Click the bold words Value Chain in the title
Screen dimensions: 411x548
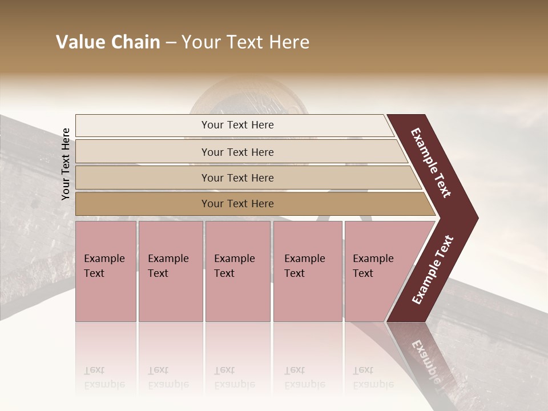pyautogui.click(x=108, y=42)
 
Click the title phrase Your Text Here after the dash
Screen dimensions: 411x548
pyautogui.click(x=245, y=42)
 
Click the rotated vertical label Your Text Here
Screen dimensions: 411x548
pyautogui.click(x=66, y=164)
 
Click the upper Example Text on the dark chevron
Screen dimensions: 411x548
pyautogui.click(x=431, y=163)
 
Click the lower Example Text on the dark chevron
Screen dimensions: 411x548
pyautogui.click(x=433, y=270)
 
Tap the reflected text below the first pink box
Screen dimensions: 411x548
pyautogui.click(x=104, y=377)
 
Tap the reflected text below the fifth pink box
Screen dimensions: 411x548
pyautogui.click(x=373, y=377)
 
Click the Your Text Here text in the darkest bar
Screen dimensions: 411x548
pyautogui.click(x=237, y=204)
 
